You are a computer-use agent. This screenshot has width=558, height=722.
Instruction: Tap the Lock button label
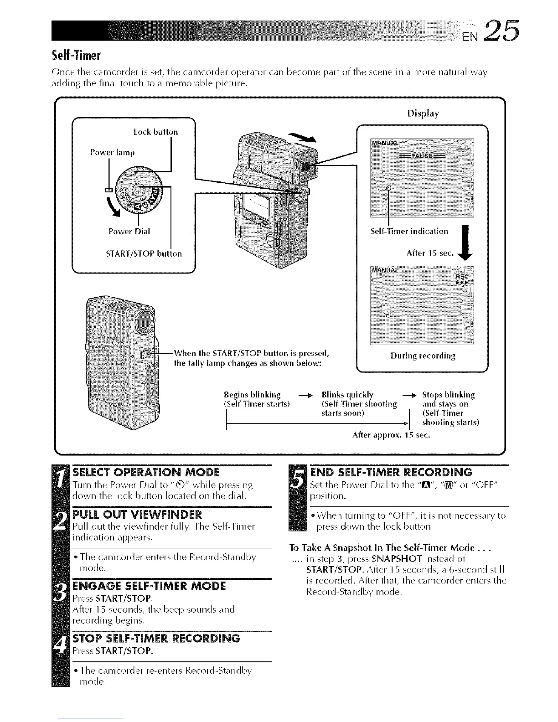coord(155,132)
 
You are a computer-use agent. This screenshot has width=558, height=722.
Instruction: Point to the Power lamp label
coord(112,152)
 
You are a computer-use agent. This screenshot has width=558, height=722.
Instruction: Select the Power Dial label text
coord(129,231)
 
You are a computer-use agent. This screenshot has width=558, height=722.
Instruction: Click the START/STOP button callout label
coord(144,253)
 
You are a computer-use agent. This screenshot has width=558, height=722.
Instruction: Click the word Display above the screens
coord(423,113)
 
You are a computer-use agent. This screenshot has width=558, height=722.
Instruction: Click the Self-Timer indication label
coord(409,231)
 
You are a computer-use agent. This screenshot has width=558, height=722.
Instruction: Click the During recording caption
coord(423,356)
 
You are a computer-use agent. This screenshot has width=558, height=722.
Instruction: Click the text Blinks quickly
coord(347,395)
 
